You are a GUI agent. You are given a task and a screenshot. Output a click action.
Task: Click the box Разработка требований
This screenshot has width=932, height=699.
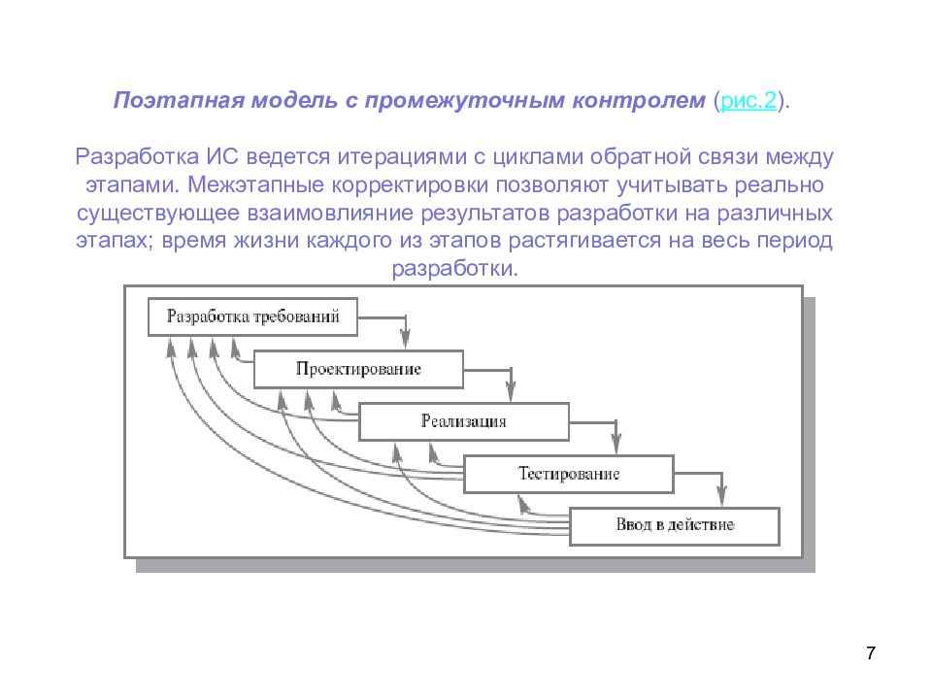click(x=252, y=316)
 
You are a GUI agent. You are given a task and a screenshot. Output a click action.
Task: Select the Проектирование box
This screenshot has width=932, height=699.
click(x=358, y=369)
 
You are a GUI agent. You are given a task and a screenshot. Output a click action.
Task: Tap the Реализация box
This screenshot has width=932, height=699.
click(x=463, y=421)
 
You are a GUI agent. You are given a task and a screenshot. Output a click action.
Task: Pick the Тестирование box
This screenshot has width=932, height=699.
click(x=568, y=474)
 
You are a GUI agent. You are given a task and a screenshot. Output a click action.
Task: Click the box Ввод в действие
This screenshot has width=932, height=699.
click(x=674, y=525)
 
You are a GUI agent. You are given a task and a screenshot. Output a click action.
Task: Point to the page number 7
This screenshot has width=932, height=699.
click(x=870, y=651)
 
